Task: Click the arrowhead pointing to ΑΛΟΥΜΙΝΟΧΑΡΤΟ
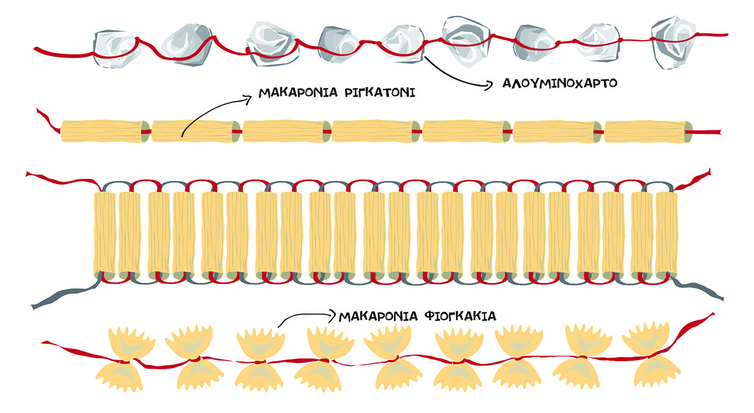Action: (490, 86)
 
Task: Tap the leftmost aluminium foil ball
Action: (116, 46)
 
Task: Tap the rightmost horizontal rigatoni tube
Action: (644, 131)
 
